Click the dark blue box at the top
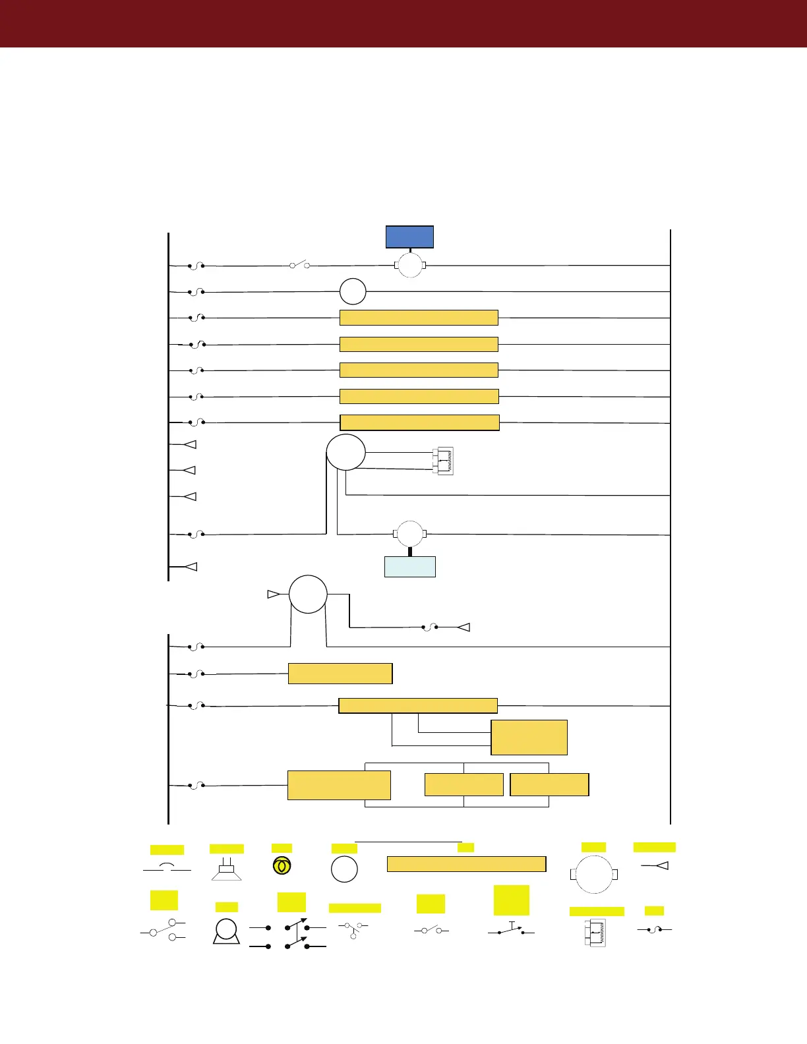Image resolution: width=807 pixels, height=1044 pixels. tap(409, 237)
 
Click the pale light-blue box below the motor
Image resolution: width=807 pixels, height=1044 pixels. tap(409, 567)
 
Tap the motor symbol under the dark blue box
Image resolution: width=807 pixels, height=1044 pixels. tap(409, 266)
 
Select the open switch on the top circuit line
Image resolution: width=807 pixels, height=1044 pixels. tap(299, 265)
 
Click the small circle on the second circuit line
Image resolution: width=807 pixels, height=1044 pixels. tap(353, 291)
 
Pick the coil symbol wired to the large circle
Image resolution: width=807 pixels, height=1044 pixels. tap(443, 461)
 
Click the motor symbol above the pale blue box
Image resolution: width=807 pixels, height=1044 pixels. tap(409, 534)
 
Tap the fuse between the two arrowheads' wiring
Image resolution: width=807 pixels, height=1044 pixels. tap(430, 627)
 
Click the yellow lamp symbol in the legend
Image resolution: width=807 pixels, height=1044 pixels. tap(282, 866)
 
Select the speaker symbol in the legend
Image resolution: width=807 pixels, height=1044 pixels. tap(226, 869)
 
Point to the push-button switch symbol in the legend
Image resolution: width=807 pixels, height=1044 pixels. tap(511, 929)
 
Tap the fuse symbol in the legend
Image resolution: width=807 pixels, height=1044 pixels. tap(654, 929)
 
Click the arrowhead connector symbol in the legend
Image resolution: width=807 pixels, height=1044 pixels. tap(655, 865)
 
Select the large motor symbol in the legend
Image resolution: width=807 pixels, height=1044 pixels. tap(593, 874)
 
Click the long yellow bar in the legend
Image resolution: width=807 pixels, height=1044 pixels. tap(466, 864)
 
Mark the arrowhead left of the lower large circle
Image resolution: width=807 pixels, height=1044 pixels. tap(273, 594)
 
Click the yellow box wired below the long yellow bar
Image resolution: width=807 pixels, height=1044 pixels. tap(529, 737)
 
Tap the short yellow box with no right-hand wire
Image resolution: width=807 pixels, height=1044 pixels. tap(340, 674)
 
